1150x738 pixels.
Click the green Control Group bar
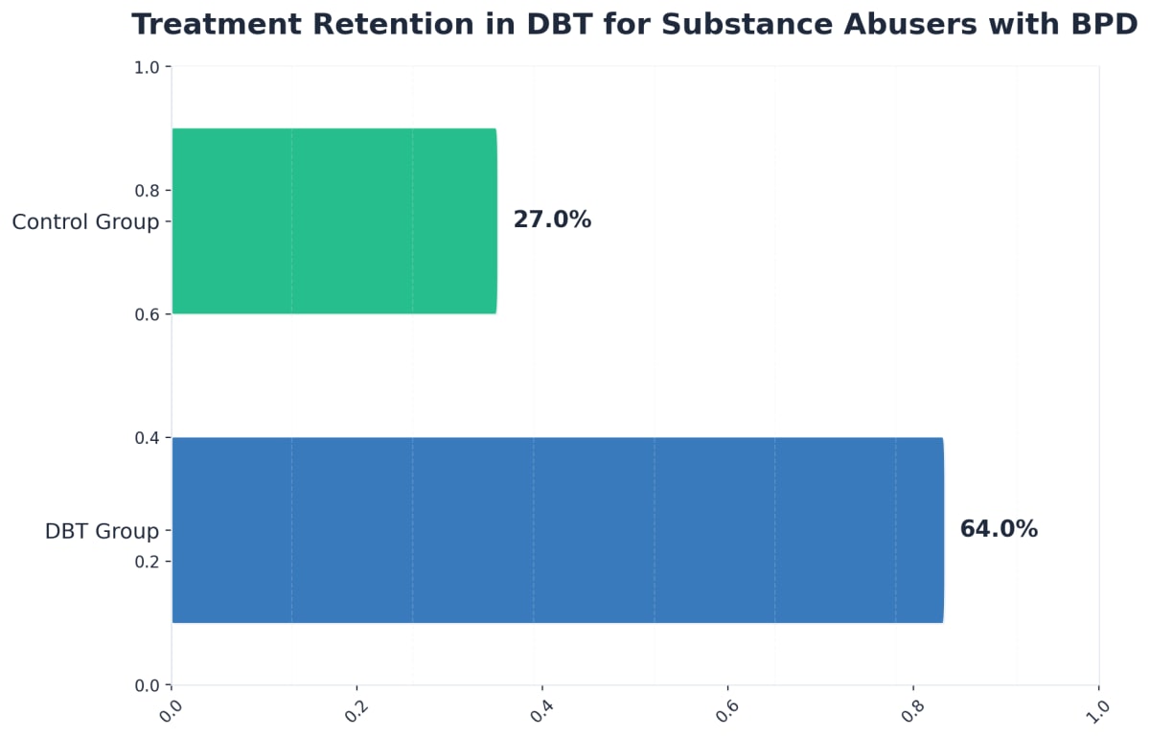click(x=333, y=220)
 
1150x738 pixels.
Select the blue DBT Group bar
click(x=557, y=530)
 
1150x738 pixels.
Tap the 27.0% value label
click(x=552, y=219)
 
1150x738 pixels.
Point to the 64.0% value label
click(x=999, y=529)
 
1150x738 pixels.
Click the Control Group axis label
click(x=85, y=222)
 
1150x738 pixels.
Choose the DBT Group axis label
click(x=102, y=531)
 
